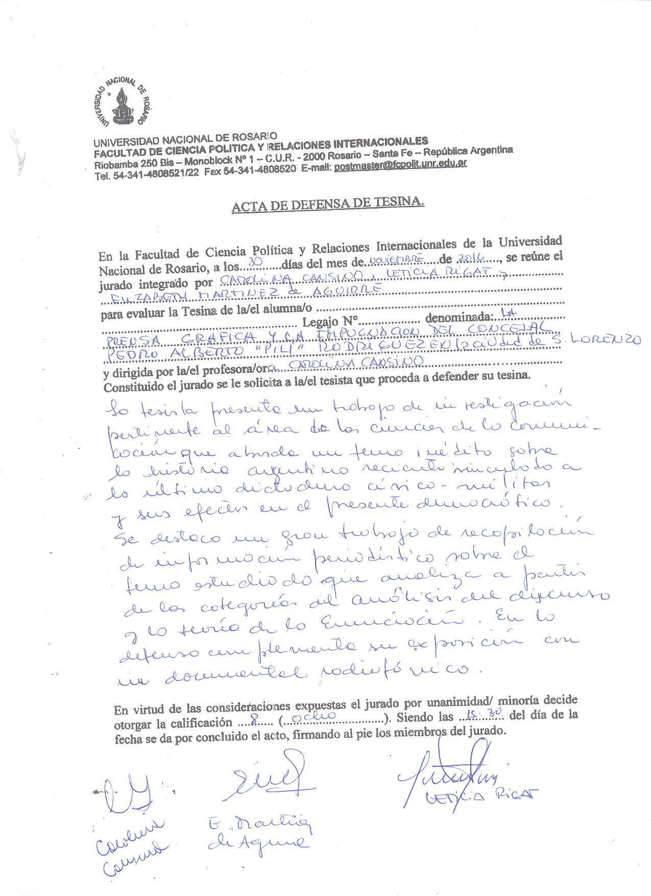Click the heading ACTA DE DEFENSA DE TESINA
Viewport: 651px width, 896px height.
coord(328,205)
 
